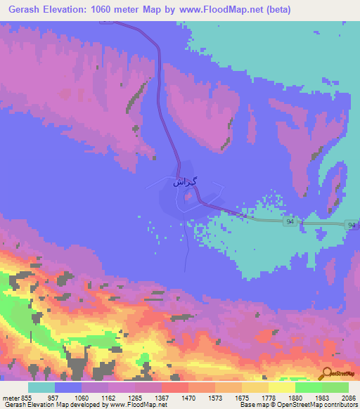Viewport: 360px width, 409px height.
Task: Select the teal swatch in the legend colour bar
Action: (x=41, y=388)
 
